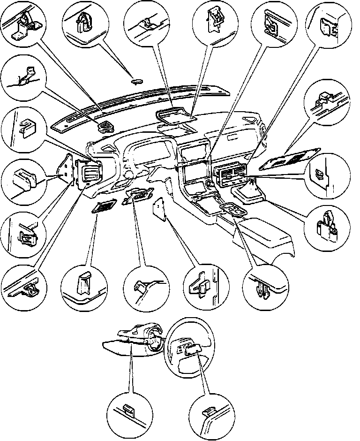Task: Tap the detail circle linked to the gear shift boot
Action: (x=329, y=225)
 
